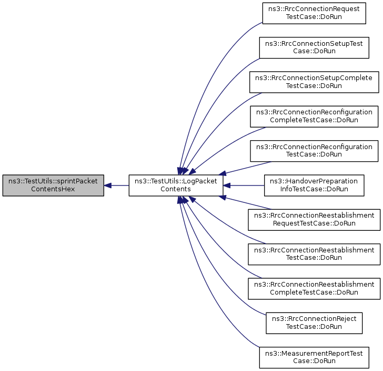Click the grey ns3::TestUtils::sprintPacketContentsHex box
[53, 185]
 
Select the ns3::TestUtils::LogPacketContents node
[176, 185]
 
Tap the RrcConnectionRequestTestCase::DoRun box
[314, 13]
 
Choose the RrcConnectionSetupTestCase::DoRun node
[314, 47]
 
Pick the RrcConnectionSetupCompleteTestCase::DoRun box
[314, 82]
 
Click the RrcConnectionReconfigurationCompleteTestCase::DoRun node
[314, 116]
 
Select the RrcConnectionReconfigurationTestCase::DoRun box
[314, 151]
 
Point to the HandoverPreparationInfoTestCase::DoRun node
[314, 185]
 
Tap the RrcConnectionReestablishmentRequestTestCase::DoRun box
[314, 220]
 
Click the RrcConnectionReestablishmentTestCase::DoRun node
[314, 254]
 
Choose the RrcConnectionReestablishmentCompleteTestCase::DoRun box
[314, 288]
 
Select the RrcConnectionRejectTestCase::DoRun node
[314, 323]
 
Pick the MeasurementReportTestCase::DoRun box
[314, 357]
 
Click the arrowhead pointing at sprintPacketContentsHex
[107, 185]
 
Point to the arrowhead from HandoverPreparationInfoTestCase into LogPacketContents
[227, 185]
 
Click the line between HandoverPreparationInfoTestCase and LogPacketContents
[247, 185]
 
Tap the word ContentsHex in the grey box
[53, 189]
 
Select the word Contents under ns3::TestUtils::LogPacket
[176, 189]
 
